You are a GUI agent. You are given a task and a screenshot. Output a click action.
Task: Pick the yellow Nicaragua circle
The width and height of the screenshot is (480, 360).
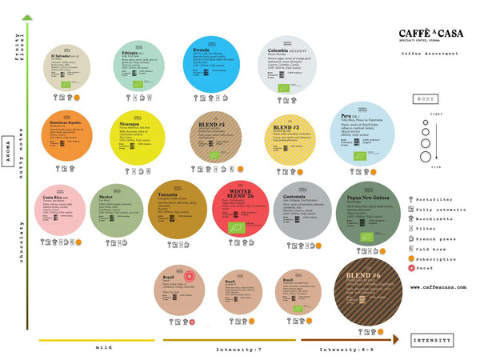[137, 137]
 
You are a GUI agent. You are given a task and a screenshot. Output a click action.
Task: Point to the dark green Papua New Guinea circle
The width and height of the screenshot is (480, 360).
[370, 210]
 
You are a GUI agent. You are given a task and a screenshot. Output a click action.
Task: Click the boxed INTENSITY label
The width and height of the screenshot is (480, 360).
[432, 339]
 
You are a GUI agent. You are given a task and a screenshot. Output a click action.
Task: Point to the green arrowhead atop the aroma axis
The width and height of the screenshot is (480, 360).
[28, 15]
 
